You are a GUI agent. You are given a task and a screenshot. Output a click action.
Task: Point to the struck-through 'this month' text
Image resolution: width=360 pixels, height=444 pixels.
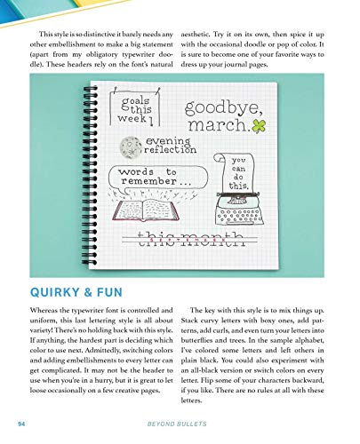click(190, 234)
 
